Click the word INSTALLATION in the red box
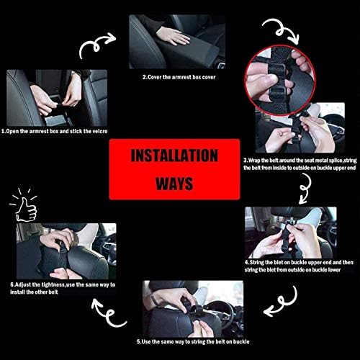(x=174, y=156)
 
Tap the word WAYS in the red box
(x=174, y=184)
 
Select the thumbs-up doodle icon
(x=24, y=205)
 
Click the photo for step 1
(x=57, y=98)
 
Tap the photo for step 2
(x=177, y=42)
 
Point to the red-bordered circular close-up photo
(x=280, y=80)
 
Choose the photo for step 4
(x=291, y=233)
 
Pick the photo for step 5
(x=193, y=309)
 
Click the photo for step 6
(x=66, y=251)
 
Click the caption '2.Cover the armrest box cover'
(x=179, y=77)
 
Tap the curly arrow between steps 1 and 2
(x=97, y=45)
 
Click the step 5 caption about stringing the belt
(x=193, y=342)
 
